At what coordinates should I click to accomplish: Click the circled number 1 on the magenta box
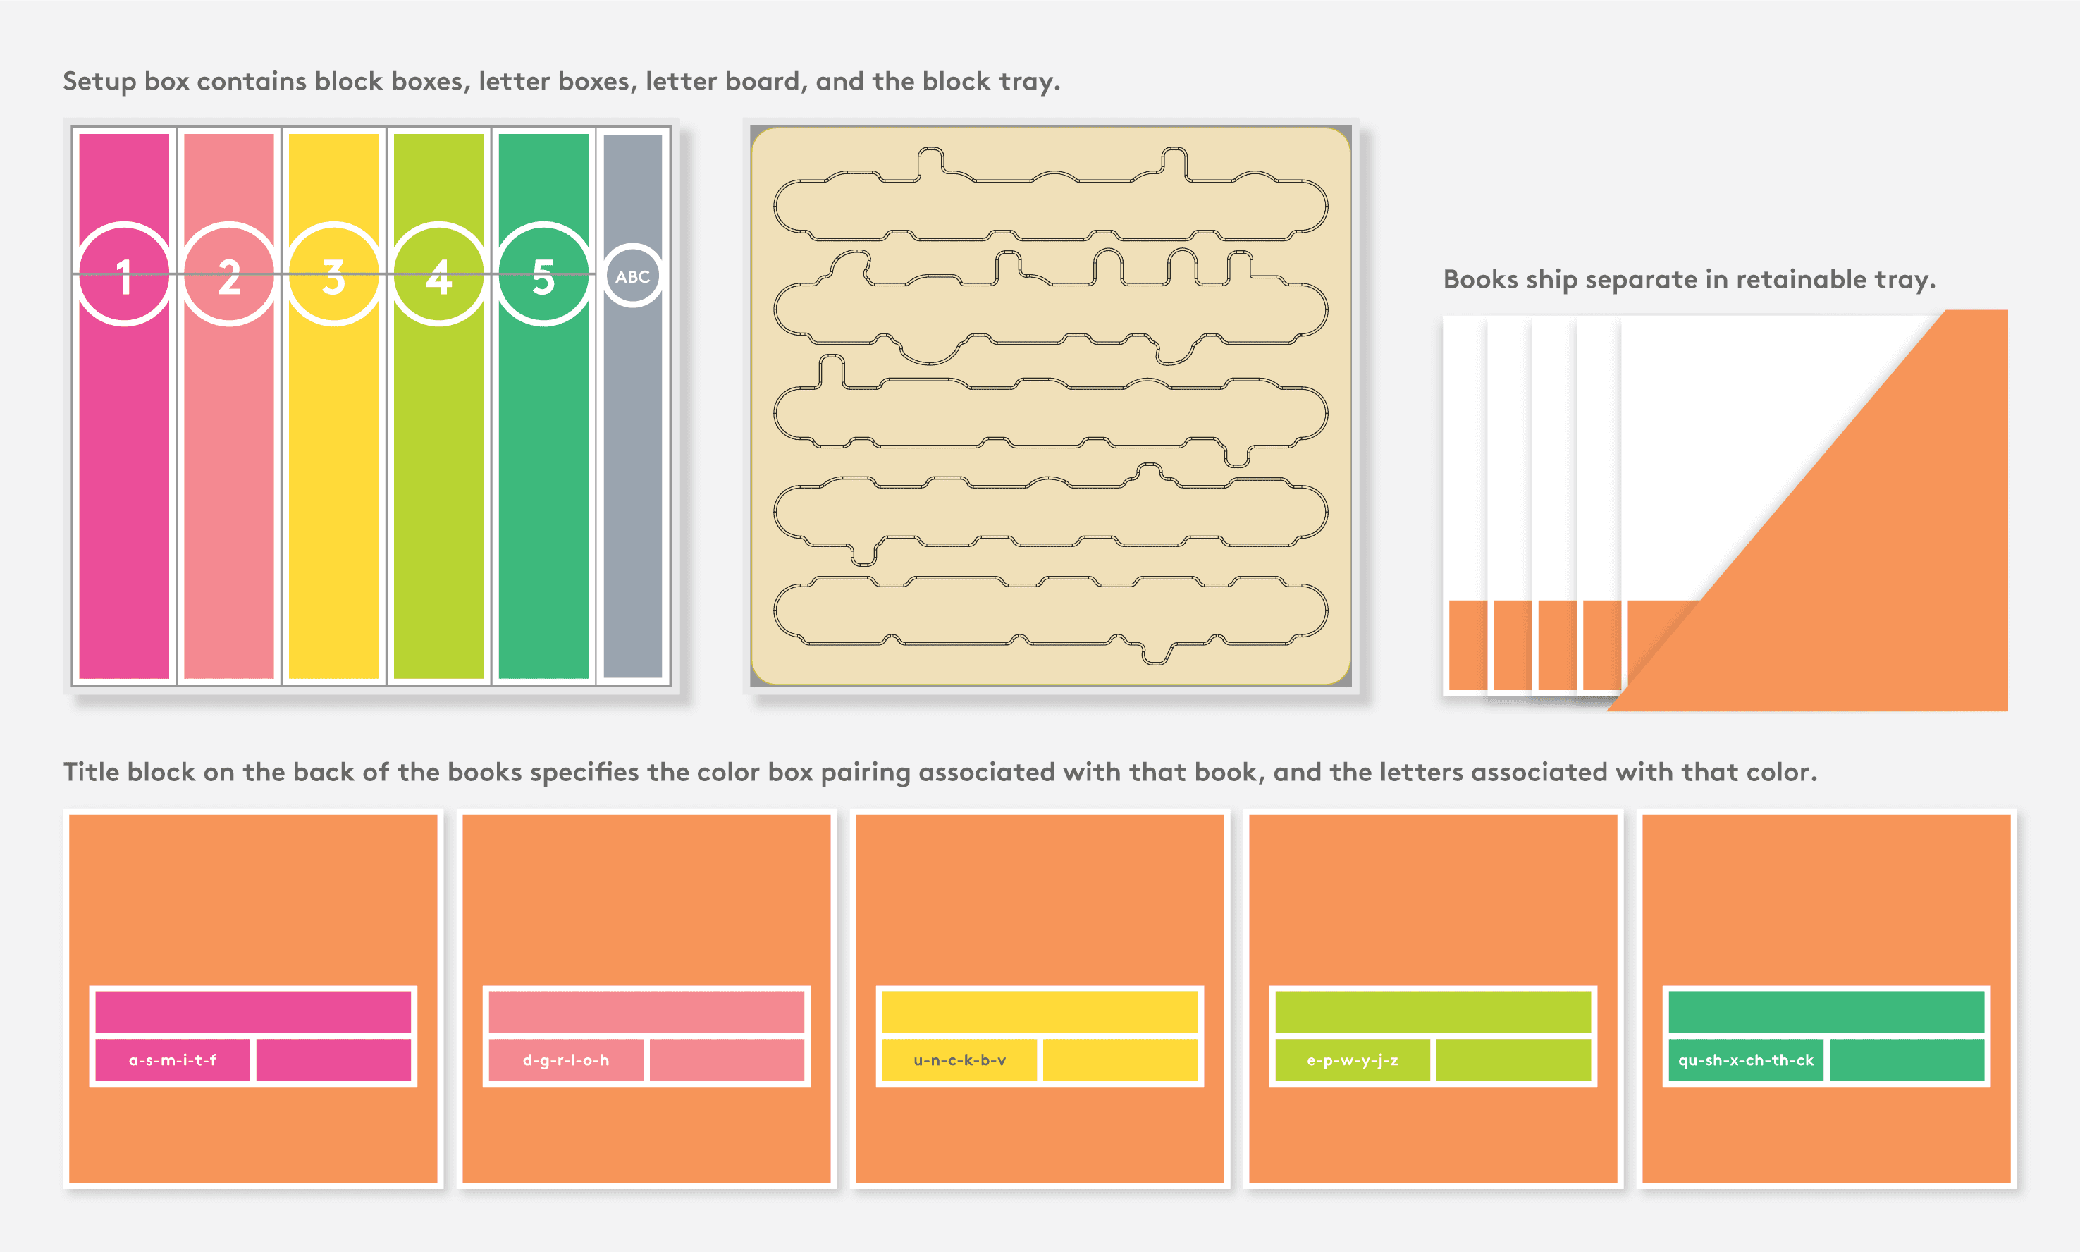coord(124,275)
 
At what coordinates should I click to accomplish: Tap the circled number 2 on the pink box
coord(228,275)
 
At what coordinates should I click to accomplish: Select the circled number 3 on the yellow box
coord(334,275)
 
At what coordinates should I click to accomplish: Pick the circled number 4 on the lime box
coord(438,275)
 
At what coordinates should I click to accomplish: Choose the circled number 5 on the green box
coord(543,275)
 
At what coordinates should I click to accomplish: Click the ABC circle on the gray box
coord(633,276)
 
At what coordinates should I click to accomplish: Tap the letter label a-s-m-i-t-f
coord(173,1060)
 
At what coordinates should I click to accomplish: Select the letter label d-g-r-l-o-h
coord(566,1060)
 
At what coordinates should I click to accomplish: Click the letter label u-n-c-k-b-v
coord(960,1060)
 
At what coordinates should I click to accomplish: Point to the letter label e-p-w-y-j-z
coord(1353,1060)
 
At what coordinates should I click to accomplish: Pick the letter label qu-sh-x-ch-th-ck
coord(1745,1060)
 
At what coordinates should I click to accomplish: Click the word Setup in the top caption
coord(99,82)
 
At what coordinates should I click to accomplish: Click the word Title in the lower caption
coord(91,772)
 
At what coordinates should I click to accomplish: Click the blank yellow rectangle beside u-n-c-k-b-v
coord(1120,1060)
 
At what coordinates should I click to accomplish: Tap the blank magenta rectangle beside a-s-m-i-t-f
coord(333,1060)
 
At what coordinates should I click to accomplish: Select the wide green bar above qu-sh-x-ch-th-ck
coord(1826,1012)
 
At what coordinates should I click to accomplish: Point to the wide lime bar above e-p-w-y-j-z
coord(1433,1012)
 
